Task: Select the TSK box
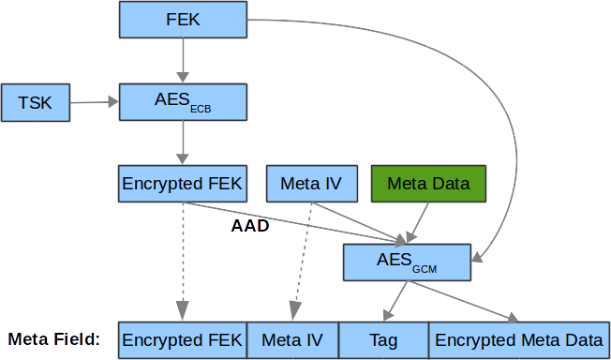(36, 101)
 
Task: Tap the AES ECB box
(183, 101)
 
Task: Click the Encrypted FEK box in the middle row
(183, 183)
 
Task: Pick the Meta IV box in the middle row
(310, 183)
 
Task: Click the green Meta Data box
(428, 183)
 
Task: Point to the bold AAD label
(250, 225)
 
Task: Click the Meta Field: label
(54, 339)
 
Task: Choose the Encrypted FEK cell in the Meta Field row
(183, 339)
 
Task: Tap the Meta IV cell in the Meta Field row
(291, 339)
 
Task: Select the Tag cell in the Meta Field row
(382, 339)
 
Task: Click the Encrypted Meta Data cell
(518, 339)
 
